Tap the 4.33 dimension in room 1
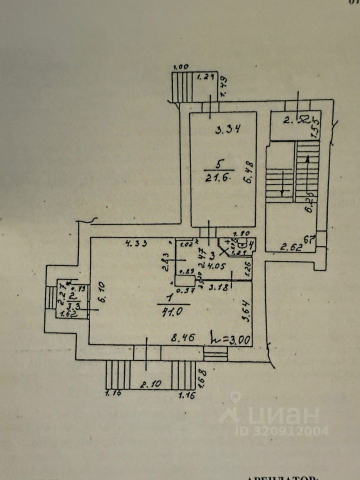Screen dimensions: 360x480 click(x=134, y=244)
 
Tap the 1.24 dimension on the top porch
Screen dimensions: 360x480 click(x=204, y=77)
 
